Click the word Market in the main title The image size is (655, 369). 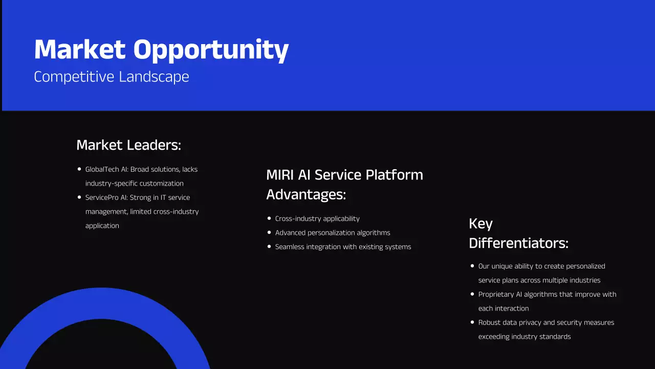pos(79,50)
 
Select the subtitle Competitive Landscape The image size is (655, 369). pos(112,77)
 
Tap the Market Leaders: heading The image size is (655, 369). pos(128,145)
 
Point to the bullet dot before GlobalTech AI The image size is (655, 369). pos(79,169)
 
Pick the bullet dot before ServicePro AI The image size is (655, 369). pos(79,197)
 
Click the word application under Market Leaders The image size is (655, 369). pos(102,226)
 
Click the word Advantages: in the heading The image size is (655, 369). pos(306,195)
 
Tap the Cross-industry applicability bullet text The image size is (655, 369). pos(317,219)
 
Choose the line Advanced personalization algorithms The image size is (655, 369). pos(333,233)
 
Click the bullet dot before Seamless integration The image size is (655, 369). pos(269,247)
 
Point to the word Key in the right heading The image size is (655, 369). pos(481,224)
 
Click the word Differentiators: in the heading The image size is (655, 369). pos(518,243)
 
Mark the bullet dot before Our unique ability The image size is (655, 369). pos(472,266)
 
